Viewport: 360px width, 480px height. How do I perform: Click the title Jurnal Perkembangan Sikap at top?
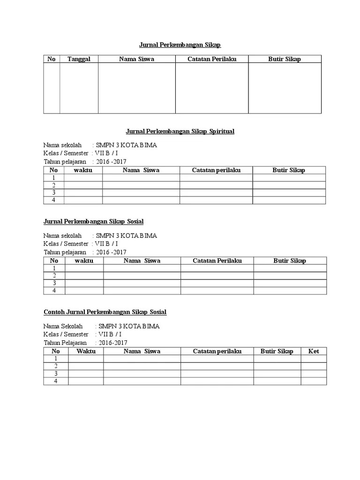(x=180, y=45)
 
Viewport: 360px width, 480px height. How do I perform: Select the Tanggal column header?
(x=79, y=59)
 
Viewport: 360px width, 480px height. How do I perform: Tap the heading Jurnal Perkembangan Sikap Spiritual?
(x=180, y=131)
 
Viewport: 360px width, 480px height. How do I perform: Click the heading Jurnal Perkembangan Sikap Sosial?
(x=93, y=221)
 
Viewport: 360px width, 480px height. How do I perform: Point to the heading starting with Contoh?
(x=105, y=312)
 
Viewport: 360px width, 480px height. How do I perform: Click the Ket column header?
(x=314, y=351)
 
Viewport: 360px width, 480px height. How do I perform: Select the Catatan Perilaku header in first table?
(x=211, y=59)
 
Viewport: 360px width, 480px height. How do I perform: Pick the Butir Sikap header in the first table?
(x=285, y=59)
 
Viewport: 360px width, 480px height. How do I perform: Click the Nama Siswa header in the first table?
(x=136, y=59)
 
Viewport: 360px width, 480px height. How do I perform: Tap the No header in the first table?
(x=52, y=59)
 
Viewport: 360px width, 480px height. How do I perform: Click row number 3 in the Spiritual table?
(x=54, y=193)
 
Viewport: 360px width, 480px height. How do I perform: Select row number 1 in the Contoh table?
(x=56, y=359)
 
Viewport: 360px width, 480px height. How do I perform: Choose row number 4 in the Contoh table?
(x=56, y=381)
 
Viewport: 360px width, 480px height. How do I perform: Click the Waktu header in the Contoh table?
(x=86, y=351)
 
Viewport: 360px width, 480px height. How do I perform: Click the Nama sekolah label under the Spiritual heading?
(x=62, y=145)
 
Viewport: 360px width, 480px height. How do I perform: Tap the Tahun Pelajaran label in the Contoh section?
(x=65, y=343)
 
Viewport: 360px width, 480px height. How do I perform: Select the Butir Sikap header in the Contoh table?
(x=277, y=351)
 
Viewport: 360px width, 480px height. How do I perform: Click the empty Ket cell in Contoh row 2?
(x=314, y=366)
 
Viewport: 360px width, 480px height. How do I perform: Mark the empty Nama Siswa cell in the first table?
(x=136, y=88)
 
